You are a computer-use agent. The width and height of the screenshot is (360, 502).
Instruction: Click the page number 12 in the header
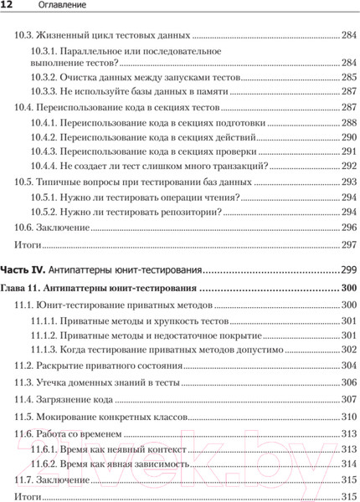point(6,8)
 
